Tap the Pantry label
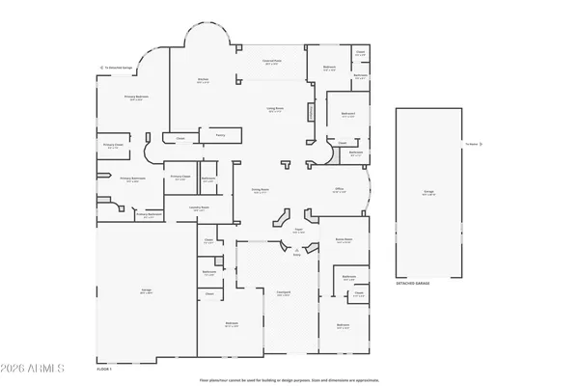click(x=220, y=135)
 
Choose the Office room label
click(x=340, y=189)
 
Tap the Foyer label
click(x=298, y=231)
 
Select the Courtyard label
click(x=285, y=293)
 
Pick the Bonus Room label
click(x=344, y=238)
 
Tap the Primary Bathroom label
click(x=132, y=179)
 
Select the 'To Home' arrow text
click(x=471, y=145)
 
